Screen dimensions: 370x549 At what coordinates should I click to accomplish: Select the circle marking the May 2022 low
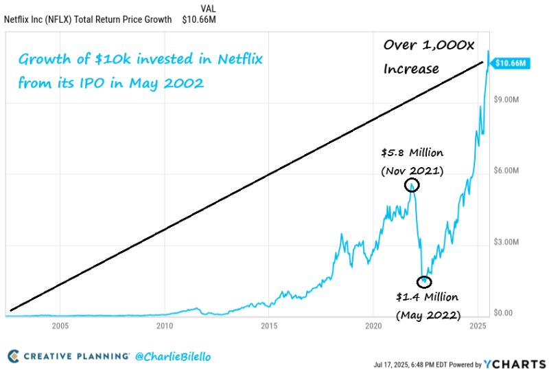click(425, 281)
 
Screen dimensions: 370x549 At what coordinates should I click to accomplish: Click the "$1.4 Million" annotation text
click(427, 298)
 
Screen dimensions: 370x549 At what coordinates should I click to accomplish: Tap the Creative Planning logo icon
click(14, 356)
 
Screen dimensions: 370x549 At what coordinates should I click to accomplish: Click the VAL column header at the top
click(208, 8)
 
